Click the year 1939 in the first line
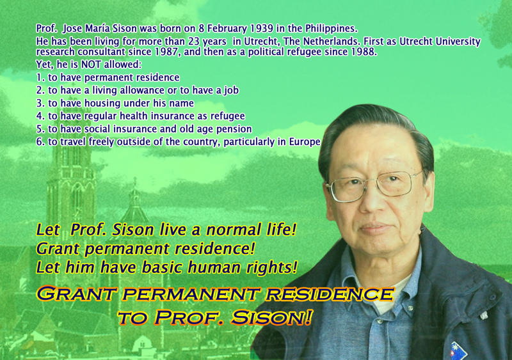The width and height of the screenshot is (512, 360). point(262,29)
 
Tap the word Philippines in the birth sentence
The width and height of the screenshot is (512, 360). point(332,29)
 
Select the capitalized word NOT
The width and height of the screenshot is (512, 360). point(91,65)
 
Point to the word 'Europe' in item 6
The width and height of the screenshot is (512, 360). point(305,143)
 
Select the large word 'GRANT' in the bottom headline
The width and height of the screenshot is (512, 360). point(76,293)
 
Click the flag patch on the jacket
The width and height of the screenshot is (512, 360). point(458,351)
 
